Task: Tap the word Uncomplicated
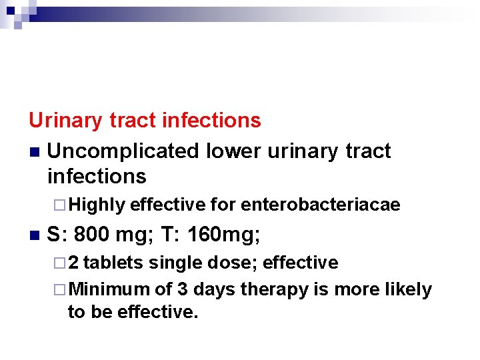pos(123,151)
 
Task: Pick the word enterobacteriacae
pos(320,205)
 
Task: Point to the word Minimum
pos(109,290)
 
